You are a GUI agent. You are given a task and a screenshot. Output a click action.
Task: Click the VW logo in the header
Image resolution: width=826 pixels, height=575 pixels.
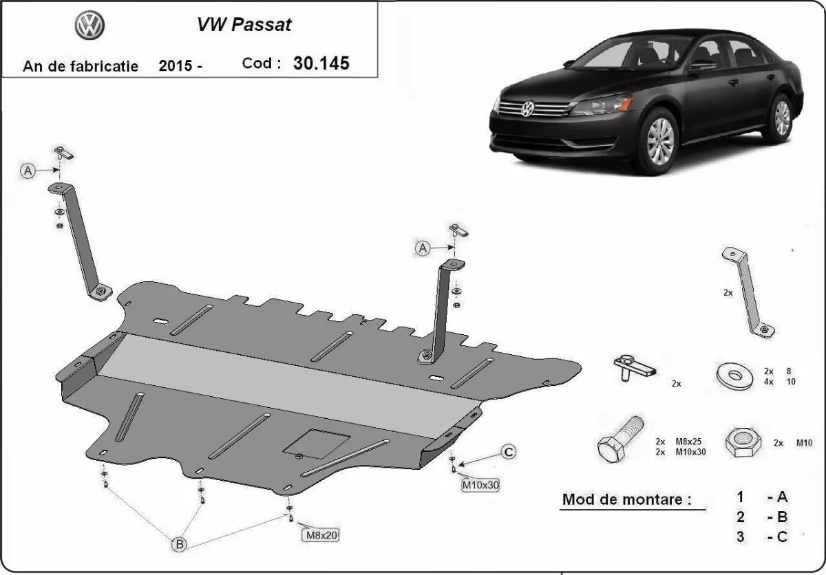click(x=89, y=27)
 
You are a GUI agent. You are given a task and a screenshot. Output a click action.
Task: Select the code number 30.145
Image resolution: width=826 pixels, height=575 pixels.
click(x=321, y=63)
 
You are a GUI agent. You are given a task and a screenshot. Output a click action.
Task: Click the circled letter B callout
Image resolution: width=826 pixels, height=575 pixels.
click(x=179, y=544)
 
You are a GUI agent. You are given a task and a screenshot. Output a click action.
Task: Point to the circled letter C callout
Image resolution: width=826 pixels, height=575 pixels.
click(x=508, y=452)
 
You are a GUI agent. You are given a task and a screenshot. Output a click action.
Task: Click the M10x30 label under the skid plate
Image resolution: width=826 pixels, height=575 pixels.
click(x=480, y=485)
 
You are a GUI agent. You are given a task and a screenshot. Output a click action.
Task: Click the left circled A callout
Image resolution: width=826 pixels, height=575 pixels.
click(x=28, y=171)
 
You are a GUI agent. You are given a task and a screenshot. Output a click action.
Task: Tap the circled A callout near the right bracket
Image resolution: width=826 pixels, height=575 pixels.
click(x=422, y=248)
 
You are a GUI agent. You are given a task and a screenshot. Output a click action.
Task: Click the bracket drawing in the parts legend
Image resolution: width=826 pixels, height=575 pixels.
click(x=746, y=292)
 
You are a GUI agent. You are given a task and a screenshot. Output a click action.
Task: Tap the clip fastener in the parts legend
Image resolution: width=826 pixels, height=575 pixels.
click(x=632, y=367)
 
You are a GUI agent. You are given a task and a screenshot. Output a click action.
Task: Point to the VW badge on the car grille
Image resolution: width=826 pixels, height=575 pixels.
click(x=528, y=109)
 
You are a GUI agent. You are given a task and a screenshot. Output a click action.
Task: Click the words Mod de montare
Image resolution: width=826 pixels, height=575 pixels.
click(x=626, y=499)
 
